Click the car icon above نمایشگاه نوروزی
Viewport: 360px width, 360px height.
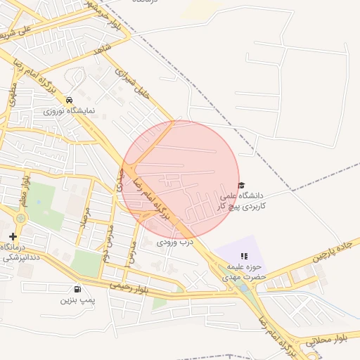(x=69, y=101)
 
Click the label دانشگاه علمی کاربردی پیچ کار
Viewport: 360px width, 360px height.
(x=239, y=201)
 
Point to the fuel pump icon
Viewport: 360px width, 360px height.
(x=77, y=289)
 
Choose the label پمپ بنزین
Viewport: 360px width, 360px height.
(x=77, y=300)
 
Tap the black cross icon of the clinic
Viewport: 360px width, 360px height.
(x=12, y=236)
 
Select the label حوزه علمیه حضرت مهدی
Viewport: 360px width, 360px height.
(x=242, y=272)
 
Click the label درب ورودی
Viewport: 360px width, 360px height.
(x=174, y=241)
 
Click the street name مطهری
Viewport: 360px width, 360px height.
(x=12, y=95)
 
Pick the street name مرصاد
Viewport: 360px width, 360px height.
(x=86, y=221)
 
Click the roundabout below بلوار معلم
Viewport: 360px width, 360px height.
(x=20, y=218)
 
